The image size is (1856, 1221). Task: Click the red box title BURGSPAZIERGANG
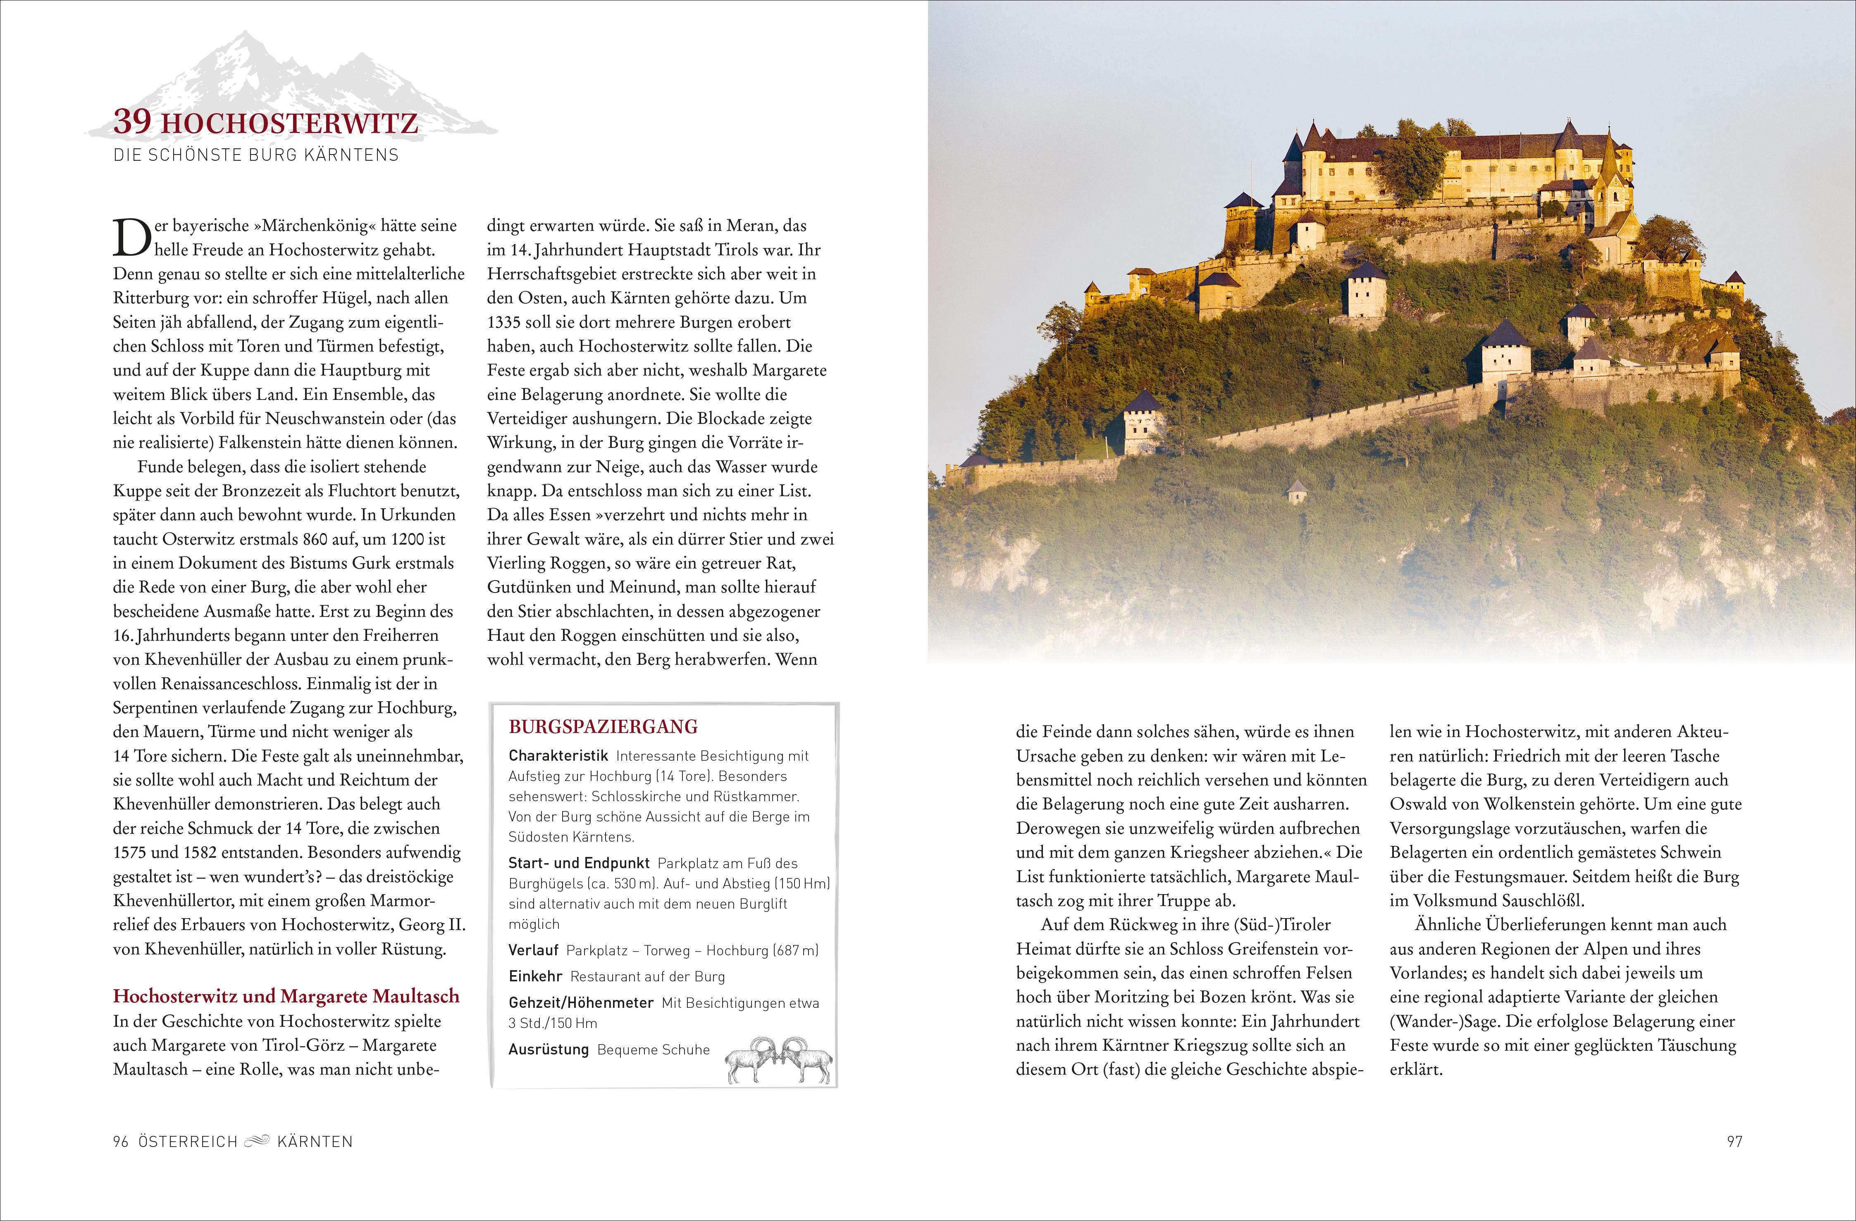(x=603, y=727)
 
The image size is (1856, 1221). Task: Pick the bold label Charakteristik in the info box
(x=558, y=755)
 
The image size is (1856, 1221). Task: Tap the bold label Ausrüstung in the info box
(x=548, y=1050)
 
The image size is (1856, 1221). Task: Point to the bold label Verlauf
(x=533, y=950)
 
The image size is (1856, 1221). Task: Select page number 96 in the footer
(x=120, y=1142)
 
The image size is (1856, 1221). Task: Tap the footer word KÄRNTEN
(x=315, y=1142)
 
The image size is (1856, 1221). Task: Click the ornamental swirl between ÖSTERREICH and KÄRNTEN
(x=257, y=1142)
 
